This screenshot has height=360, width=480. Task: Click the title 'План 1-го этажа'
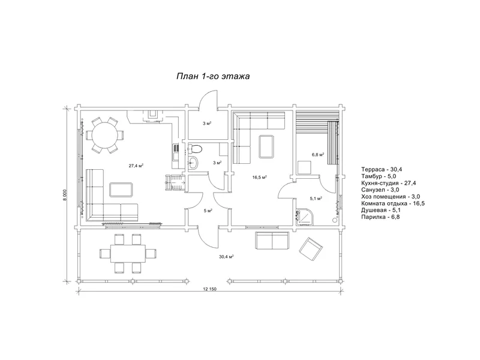[213, 76]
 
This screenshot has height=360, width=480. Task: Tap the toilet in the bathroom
[195, 149]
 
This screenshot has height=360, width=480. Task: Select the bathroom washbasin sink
[193, 163]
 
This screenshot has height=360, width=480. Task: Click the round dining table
[104, 135]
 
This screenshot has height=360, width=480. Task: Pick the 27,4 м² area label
[136, 166]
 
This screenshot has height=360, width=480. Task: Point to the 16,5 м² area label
[259, 177]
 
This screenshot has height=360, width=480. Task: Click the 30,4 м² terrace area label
[227, 257]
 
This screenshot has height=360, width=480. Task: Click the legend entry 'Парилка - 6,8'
[380, 217]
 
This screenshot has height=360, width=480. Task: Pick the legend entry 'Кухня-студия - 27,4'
[388, 183]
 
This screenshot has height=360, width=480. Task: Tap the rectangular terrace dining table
[128, 253]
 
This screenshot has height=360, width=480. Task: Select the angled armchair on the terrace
[311, 249]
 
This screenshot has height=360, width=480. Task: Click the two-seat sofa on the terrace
[272, 241]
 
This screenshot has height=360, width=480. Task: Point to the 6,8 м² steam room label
[318, 155]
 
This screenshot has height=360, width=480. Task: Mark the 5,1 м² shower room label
[316, 199]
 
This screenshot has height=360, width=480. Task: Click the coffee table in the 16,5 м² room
[266, 146]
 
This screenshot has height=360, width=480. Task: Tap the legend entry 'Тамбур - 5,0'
[379, 176]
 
